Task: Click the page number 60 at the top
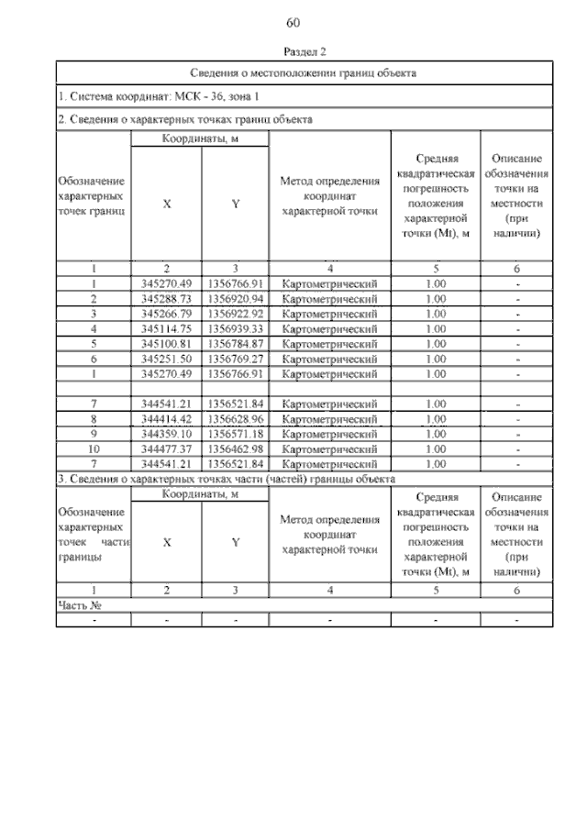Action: [293, 22]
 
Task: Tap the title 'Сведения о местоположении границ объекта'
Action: [305, 72]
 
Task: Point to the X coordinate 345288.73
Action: [166, 299]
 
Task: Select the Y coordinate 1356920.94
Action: [236, 299]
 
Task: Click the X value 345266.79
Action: [166, 314]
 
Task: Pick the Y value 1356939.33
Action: [236, 328]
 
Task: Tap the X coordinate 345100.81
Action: [166, 344]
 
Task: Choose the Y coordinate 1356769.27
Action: [236, 359]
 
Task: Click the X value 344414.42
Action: [166, 418]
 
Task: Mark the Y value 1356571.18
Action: [236, 433]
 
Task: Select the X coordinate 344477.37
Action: [166, 448]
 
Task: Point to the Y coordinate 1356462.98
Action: [236, 448]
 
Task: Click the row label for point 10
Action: [94, 448]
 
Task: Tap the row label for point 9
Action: [94, 433]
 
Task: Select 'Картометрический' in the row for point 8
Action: [330, 418]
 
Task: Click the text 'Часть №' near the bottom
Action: [79, 605]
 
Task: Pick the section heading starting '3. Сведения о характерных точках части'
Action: [227, 479]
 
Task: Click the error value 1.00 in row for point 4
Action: [436, 328]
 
